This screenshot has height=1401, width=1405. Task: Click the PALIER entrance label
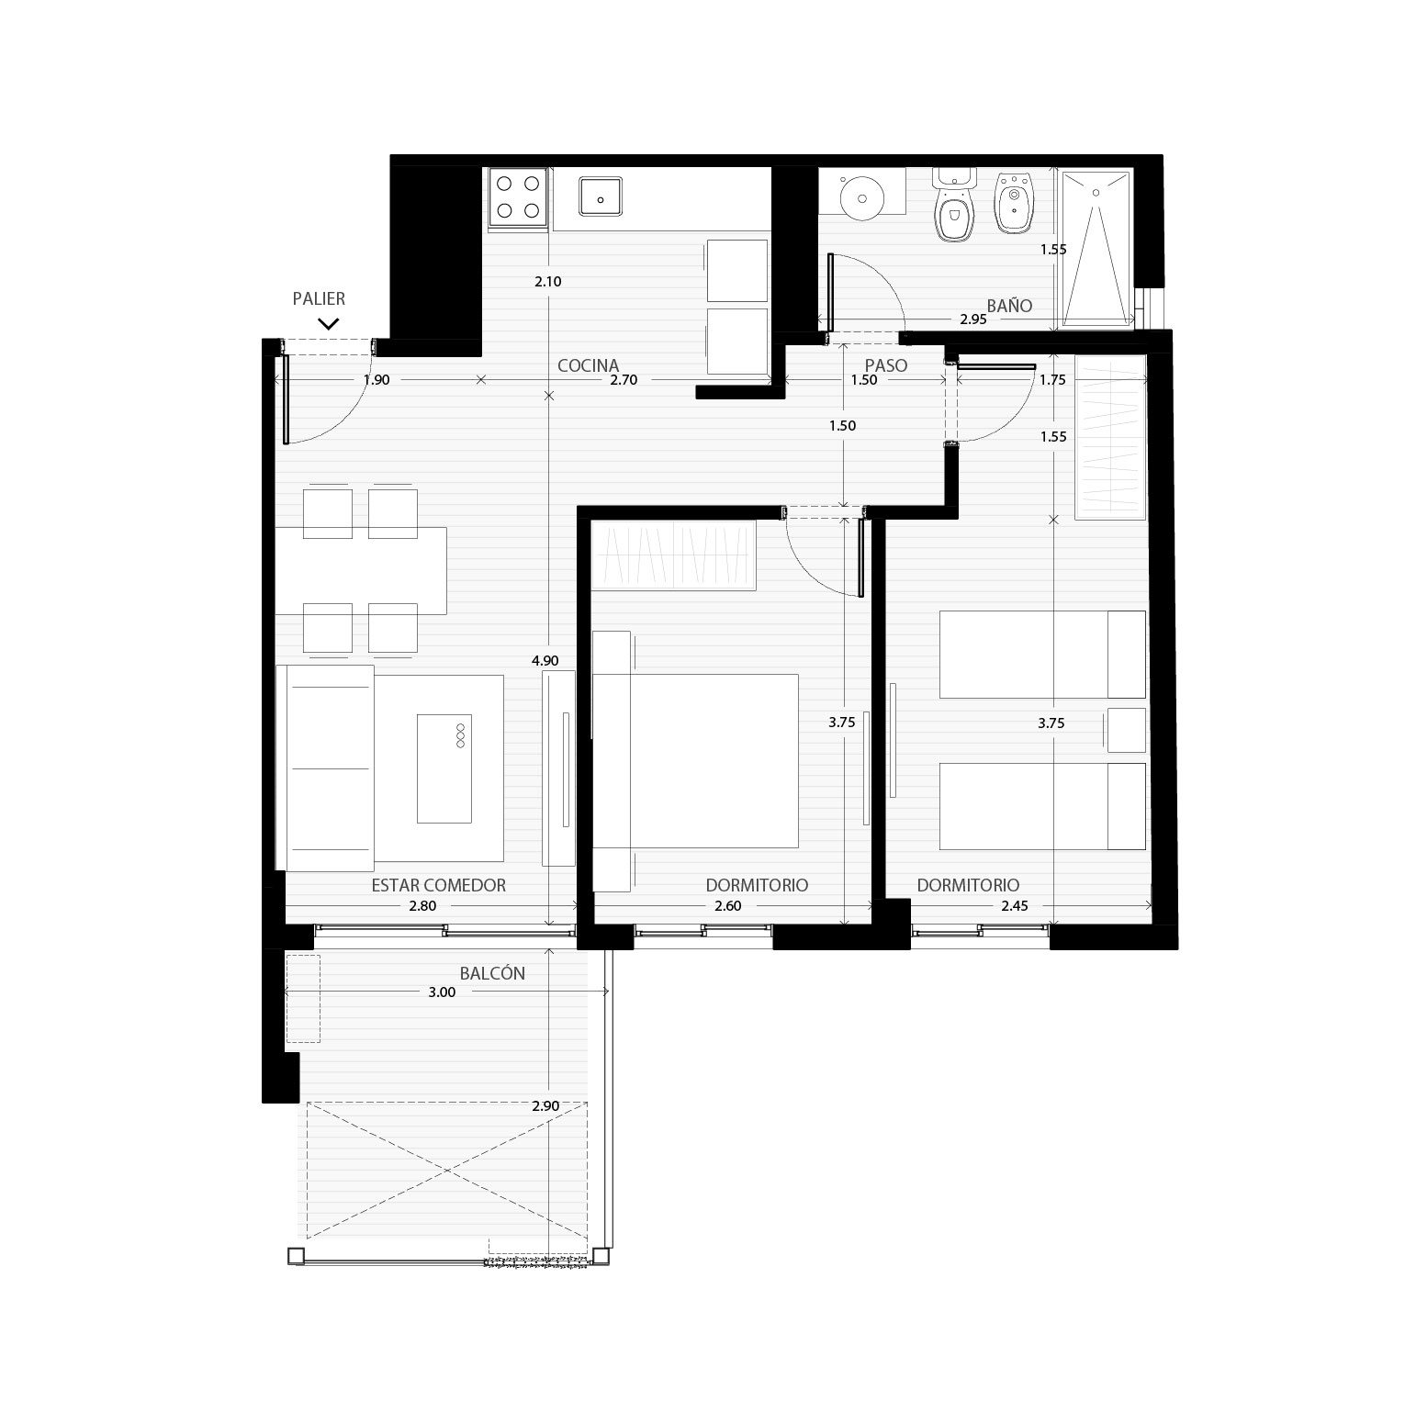pos(319,299)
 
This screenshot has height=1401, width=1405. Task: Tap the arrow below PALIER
pos(328,323)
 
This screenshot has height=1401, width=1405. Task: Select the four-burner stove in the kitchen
pos(518,196)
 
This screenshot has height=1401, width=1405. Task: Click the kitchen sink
pos(601,196)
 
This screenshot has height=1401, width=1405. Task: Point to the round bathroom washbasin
pos(862,196)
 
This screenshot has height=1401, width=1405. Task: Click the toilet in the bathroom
pos(954,205)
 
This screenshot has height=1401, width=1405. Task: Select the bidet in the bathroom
pos(1013,204)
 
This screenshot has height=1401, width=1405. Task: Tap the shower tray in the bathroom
pos(1096,247)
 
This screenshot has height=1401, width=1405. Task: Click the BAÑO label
pos(1009,306)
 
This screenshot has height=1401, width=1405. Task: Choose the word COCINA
pos(588,365)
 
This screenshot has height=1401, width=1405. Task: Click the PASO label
pos(886,365)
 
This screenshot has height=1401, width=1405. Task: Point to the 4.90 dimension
pos(545,660)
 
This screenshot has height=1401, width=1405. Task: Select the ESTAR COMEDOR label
pos(439,885)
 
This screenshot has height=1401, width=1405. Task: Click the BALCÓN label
pos(492,973)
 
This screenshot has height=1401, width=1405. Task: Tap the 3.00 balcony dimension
pos(442,992)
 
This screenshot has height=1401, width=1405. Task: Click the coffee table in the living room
pos(444,768)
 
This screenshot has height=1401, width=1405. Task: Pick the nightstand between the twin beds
pos(1127,731)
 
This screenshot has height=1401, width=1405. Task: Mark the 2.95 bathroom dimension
pos(973,319)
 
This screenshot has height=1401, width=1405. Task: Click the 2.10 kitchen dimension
pos(547,282)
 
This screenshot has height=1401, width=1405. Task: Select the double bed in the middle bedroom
pos(695,761)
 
